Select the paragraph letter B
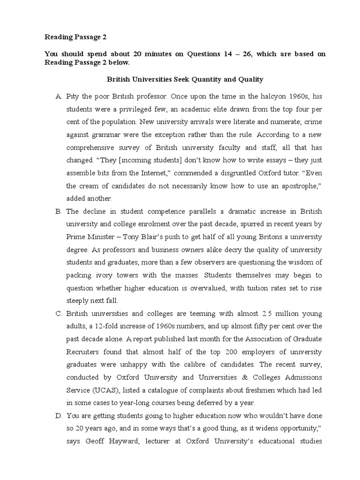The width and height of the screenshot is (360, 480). tap(58, 211)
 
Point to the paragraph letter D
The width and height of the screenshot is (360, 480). tap(58, 416)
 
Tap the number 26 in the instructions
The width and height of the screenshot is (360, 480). tap(253, 54)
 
